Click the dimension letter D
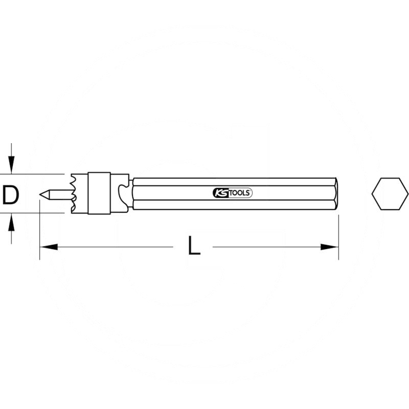(10, 195)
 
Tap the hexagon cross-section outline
(390, 194)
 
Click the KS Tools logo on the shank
(232, 193)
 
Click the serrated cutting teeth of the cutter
(75, 194)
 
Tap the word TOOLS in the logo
(240, 193)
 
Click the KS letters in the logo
(219, 193)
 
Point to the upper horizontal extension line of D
(36, 174)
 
